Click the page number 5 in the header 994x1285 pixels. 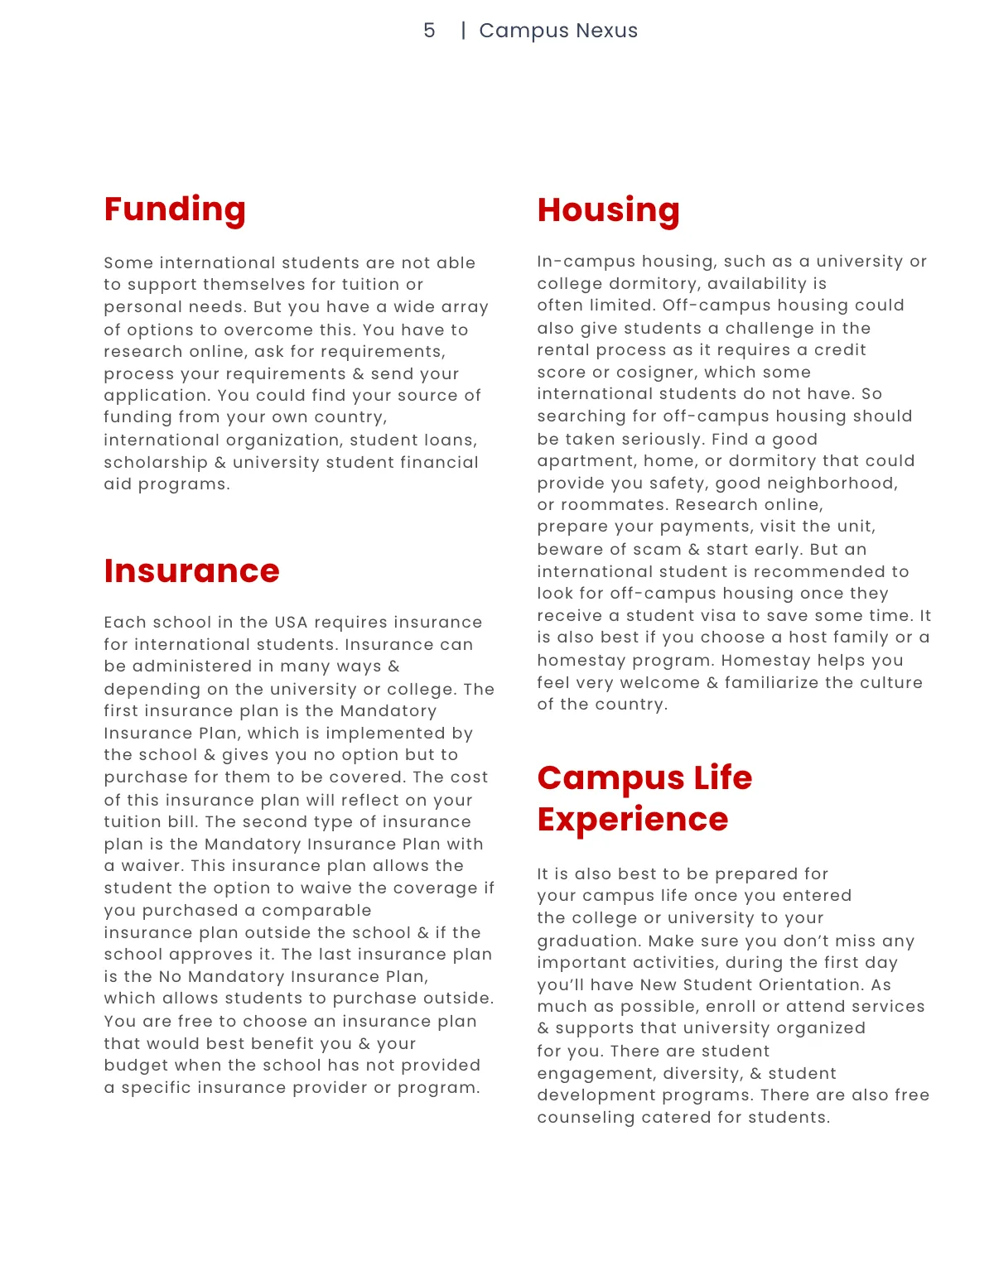point(428,31)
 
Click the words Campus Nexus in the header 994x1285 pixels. point(558,31)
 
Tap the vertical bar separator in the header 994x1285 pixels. point(463,31)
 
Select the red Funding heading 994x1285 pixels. point(175,209)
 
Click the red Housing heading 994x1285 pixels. point(608,210)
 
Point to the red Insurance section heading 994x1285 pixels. point(191,571)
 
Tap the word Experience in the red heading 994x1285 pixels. point(633,820)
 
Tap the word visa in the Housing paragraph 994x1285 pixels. point(710,616)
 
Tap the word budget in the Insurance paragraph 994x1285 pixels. point(133,1066)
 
